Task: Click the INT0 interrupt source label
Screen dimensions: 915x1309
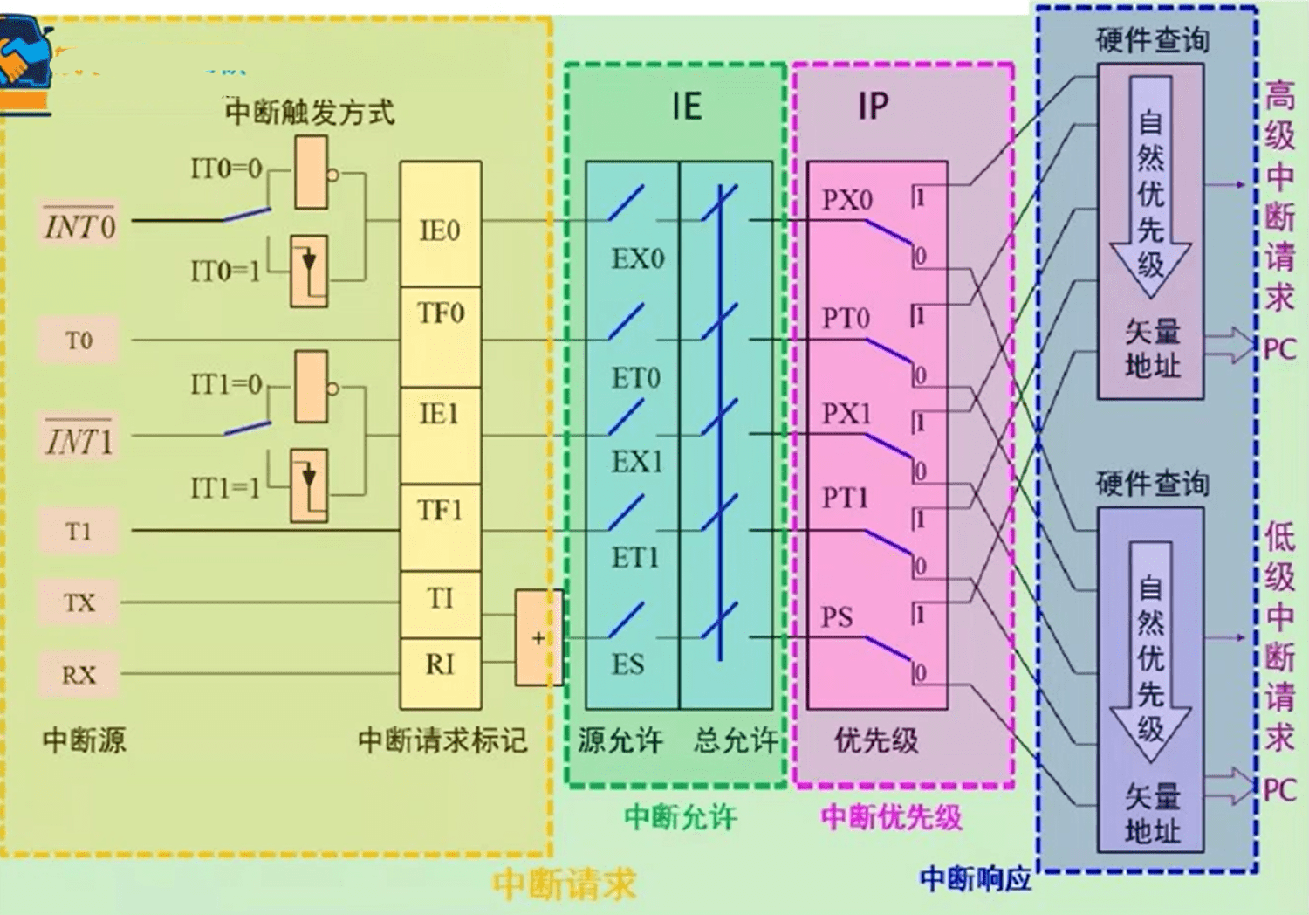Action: coord(79,226)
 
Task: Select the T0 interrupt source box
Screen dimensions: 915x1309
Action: coord(79,340)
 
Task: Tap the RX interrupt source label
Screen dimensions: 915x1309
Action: coord(79,674)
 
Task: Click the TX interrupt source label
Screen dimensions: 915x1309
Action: coord(79,602)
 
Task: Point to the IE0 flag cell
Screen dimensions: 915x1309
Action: coord(440,230)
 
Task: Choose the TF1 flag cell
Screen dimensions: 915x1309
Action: coord(440,510)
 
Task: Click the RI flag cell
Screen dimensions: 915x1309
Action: coord(440,665)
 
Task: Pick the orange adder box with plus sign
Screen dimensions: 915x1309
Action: coord(538,637)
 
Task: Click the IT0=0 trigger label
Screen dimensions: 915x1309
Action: coord(226,168)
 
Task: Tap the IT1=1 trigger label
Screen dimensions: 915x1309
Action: coord(225,487)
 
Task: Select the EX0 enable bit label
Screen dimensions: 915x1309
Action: coord(638,258)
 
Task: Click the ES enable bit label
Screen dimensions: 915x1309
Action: coord(627,664)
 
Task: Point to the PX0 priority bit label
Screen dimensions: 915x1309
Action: coord(846,200)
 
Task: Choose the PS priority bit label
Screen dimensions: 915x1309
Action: coord(836,617)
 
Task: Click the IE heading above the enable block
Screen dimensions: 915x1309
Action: coord(687,107)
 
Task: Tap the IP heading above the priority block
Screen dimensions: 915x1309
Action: coord(873,107)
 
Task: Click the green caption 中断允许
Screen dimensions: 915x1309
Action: coord(681,817)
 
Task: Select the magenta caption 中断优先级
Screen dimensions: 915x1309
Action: coord(891,817)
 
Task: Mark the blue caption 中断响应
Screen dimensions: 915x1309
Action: coord(976,878)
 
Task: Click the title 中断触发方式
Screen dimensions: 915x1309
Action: coord(310,112)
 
